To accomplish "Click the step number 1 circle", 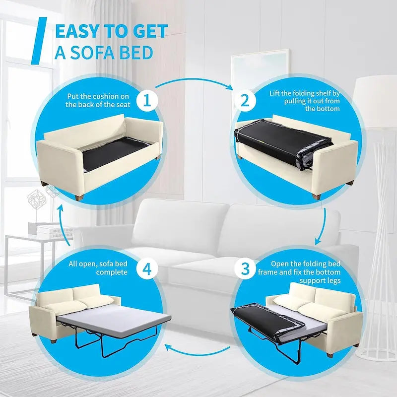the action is coord(147,101).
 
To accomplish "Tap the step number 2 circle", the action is coord(245,101).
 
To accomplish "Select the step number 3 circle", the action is coord(245,268).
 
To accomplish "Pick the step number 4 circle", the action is coord(147,268).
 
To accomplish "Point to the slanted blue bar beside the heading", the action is coord(39,41).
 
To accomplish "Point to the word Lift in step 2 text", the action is coord(274,93).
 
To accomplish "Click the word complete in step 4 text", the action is coord(112,272).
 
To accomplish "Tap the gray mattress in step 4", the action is coord(114,321).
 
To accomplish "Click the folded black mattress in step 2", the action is coord(283,143).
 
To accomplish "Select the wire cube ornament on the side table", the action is coord(37,199).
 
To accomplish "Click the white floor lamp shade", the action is coord(375,101).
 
